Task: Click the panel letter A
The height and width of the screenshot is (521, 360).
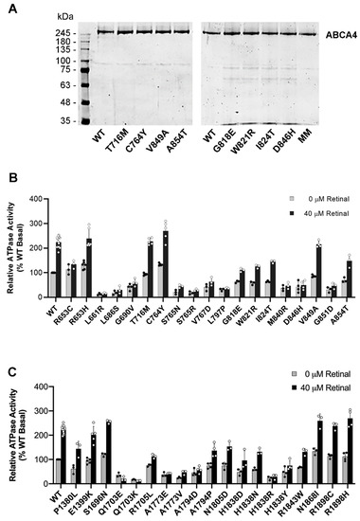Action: point(8,8)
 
